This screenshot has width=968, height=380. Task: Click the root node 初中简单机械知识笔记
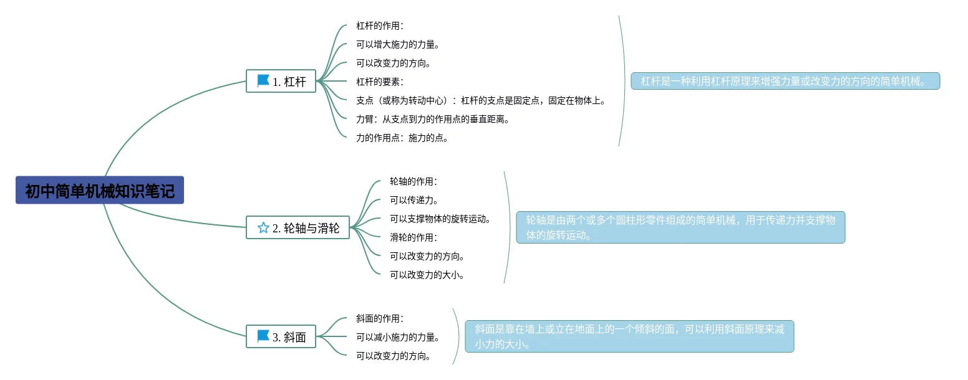pos(100,190)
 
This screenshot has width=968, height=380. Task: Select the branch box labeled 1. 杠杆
pos(281,81)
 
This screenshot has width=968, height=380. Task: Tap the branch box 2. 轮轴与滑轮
pos(298,228)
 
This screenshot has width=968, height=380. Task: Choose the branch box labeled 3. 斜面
pos(281,337)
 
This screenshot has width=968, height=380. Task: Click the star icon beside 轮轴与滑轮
pos(263,228)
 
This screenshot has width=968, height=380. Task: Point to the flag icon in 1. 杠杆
pos(263,81)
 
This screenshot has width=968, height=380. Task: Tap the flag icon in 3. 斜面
pos(263,337)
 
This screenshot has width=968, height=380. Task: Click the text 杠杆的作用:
pos(380,26)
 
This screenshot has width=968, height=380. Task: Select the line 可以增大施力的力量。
pos(398,44)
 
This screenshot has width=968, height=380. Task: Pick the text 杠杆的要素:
pos(380,82)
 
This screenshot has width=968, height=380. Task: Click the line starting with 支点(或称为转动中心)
pos(481,100)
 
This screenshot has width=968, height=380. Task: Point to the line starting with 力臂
pos(433,119)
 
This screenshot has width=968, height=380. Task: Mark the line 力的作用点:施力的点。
pos(402,138)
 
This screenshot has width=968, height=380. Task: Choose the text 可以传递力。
pos(415,200)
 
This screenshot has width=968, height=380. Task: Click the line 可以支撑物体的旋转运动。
pos(441,219)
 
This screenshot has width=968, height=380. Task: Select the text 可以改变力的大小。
pos(427,275)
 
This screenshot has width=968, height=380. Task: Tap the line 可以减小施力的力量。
pos(398,337)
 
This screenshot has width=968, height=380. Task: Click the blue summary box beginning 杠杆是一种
pos(785,81)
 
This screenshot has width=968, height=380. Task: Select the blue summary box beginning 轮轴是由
pos(680,227)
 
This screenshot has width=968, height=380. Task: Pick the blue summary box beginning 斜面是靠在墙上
pos(629,336)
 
